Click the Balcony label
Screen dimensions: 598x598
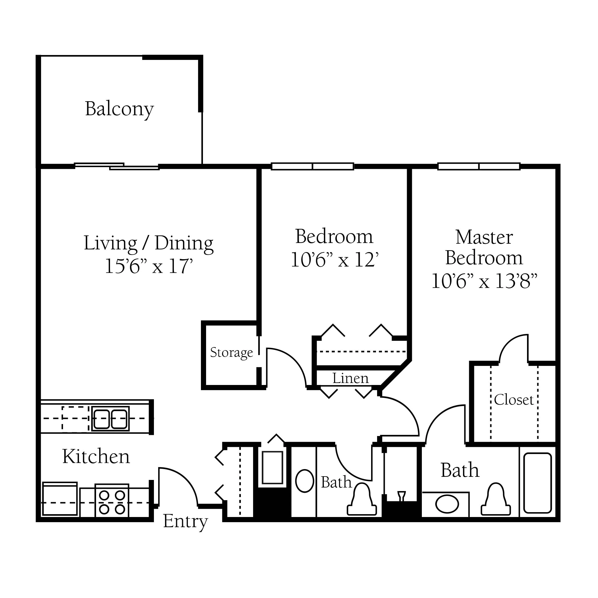click(x=119, y=109)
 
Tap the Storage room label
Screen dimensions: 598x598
click(x=231, y=353)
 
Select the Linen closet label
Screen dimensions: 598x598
click(x=350, y=378)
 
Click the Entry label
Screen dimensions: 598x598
click(x=185, y=522)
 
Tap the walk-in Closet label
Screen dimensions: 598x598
click(x=514, y=400)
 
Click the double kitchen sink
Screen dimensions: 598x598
click(x=111, y=419)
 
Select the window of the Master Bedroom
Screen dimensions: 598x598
click(x=479, y=166)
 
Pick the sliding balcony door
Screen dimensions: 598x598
click(x=117, y=166)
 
